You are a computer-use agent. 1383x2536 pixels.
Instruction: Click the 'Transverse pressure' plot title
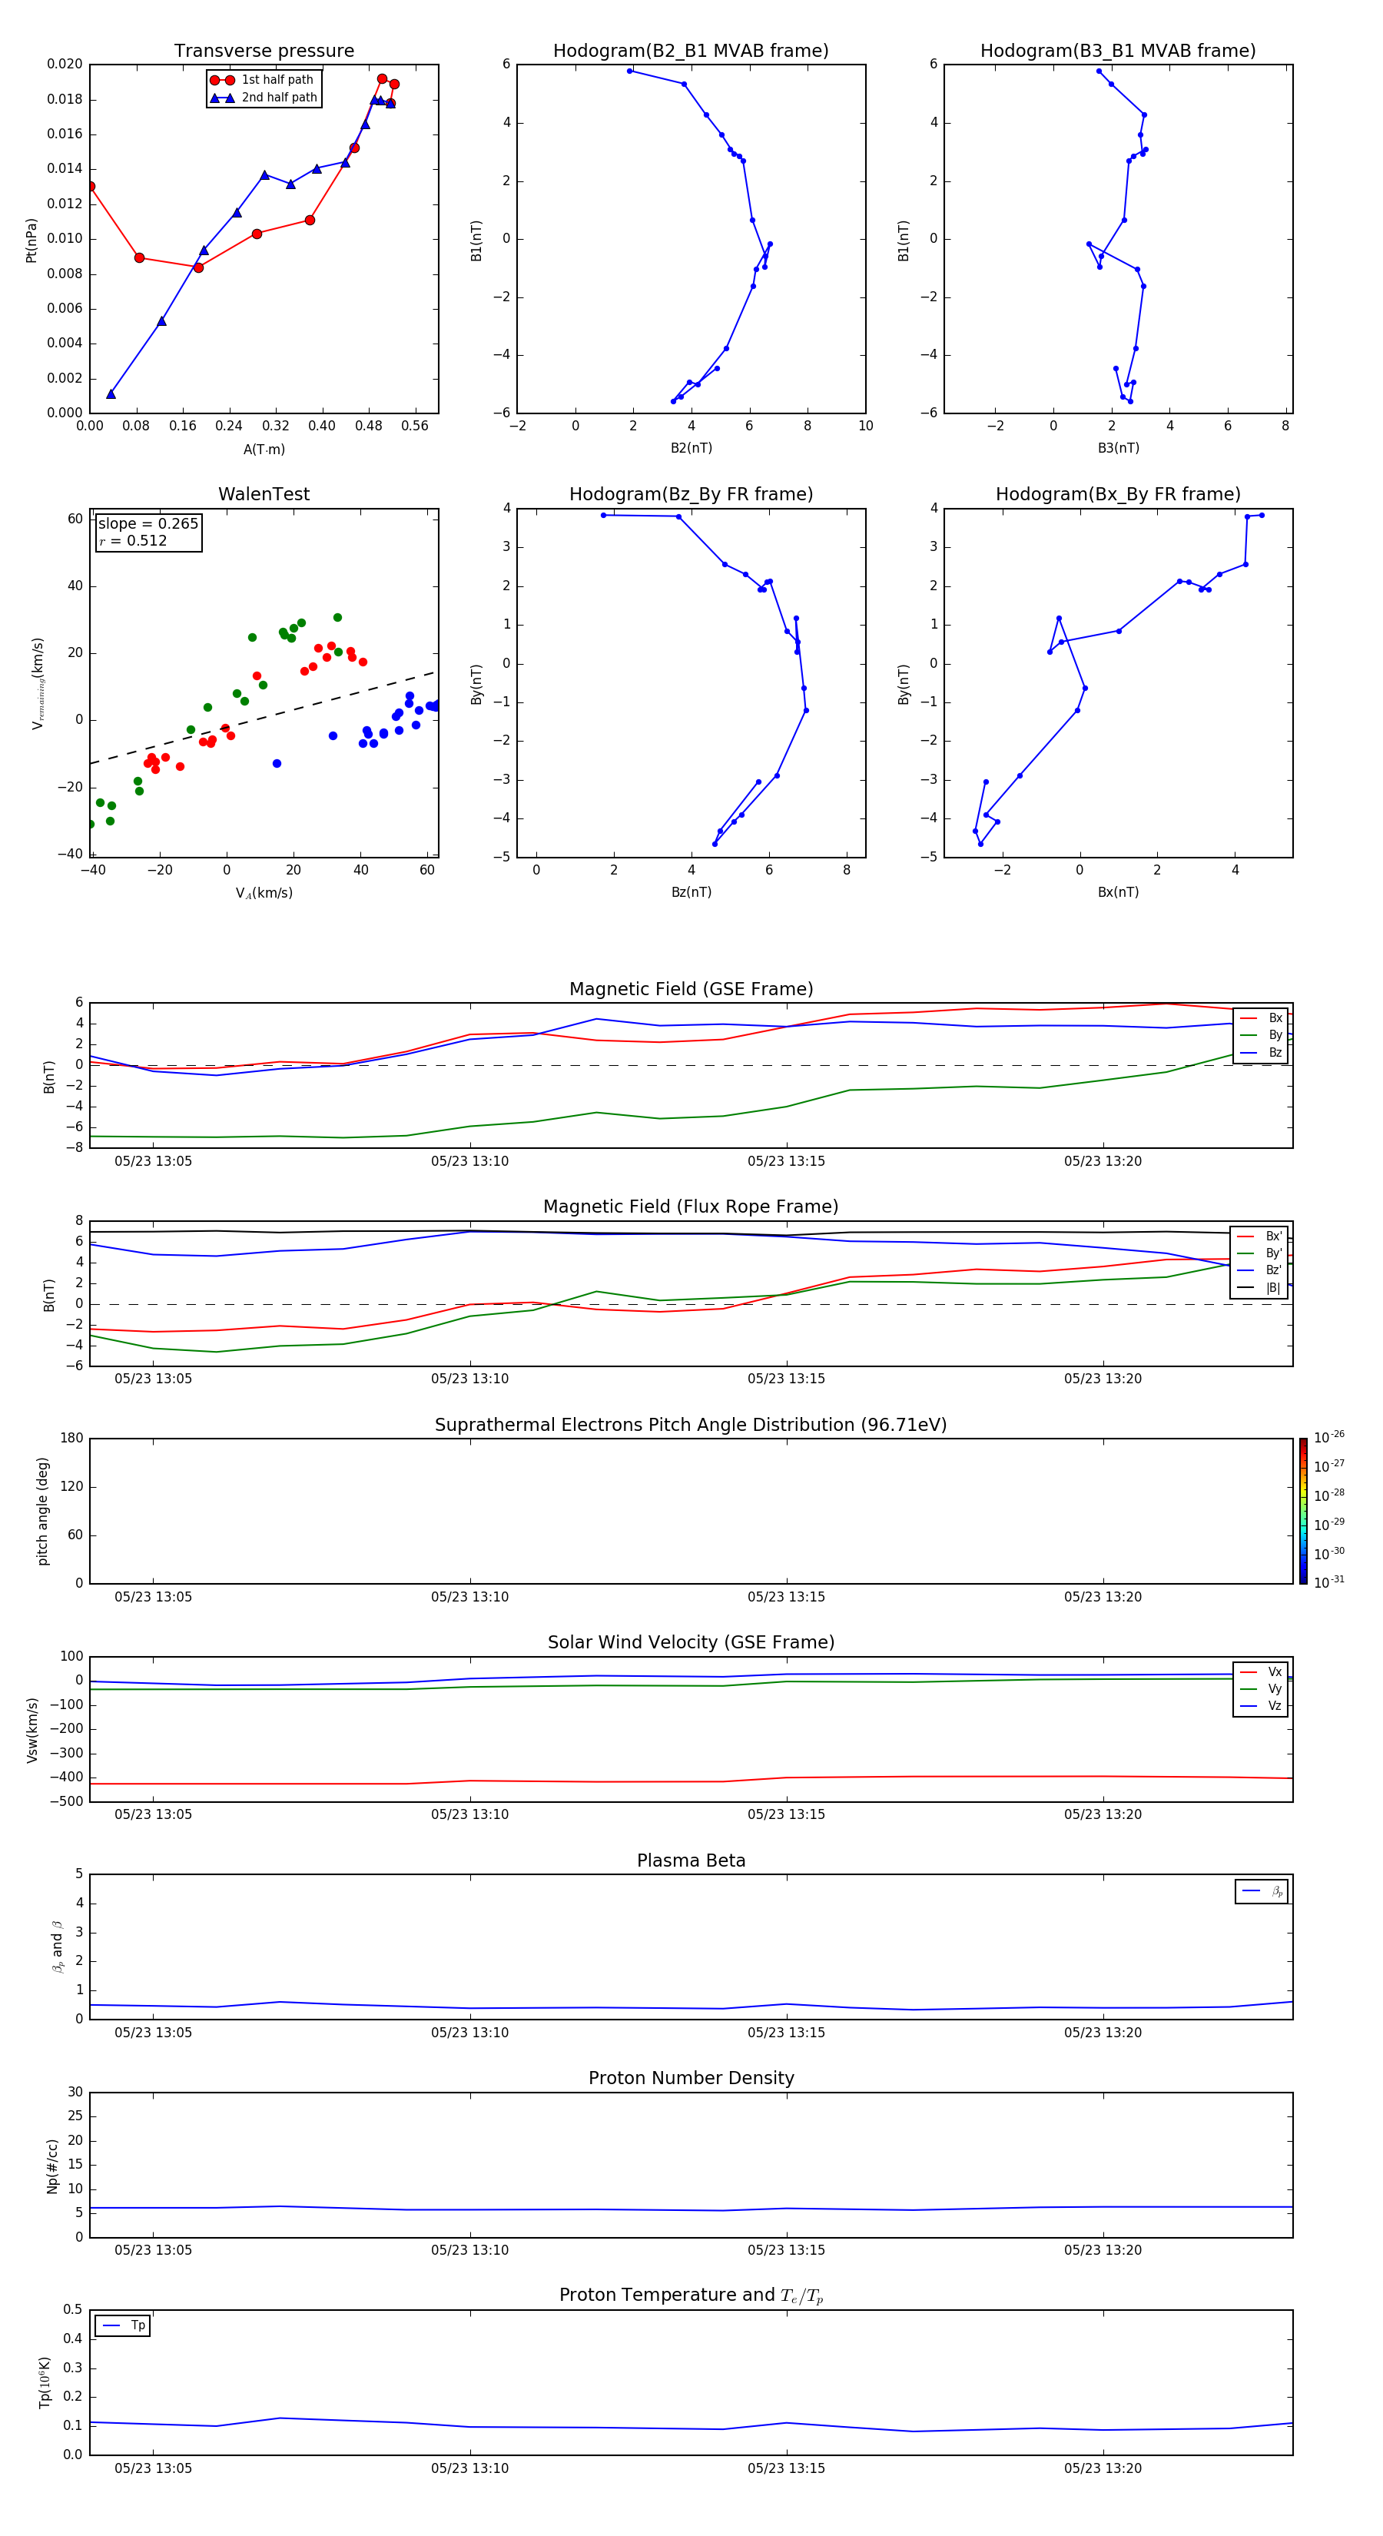point(264,51)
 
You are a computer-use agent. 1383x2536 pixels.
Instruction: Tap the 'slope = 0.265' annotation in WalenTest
point(148,524)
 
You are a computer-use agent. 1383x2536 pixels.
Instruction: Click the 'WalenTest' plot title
point(264,494)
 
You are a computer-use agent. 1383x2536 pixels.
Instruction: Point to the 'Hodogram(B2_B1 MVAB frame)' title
point(690,51)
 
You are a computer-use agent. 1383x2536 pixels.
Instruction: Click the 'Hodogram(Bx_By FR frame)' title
point(1117,494)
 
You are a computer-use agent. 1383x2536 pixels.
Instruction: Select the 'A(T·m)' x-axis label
point(264,450)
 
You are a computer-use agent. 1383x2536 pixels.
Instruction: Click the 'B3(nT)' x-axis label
point(1118,448)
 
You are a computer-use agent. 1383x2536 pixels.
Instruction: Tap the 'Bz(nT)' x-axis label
point(691,892)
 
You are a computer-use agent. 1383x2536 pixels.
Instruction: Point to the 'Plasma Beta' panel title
point(691,1861)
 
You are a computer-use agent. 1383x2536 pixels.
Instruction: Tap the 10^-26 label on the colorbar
point(1329,1437)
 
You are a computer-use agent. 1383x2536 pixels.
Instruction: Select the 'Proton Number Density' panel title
point(691,2078)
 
